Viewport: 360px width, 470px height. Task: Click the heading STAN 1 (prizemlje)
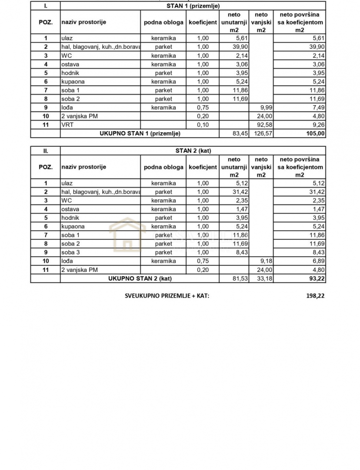click(193, 6)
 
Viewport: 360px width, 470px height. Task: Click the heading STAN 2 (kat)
click(193, 151)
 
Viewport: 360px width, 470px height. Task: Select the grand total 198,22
click(315, 296)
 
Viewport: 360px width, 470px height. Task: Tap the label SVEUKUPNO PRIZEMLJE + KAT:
click(167, 296)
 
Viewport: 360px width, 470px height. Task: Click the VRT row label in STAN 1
click(67, 125)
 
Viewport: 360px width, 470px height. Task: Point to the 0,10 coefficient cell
click(203, 125)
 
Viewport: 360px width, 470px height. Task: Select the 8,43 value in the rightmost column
click(317, 252)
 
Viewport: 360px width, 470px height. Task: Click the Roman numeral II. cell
click(46, 151)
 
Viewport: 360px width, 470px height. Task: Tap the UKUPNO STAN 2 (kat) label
click(140, 279)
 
